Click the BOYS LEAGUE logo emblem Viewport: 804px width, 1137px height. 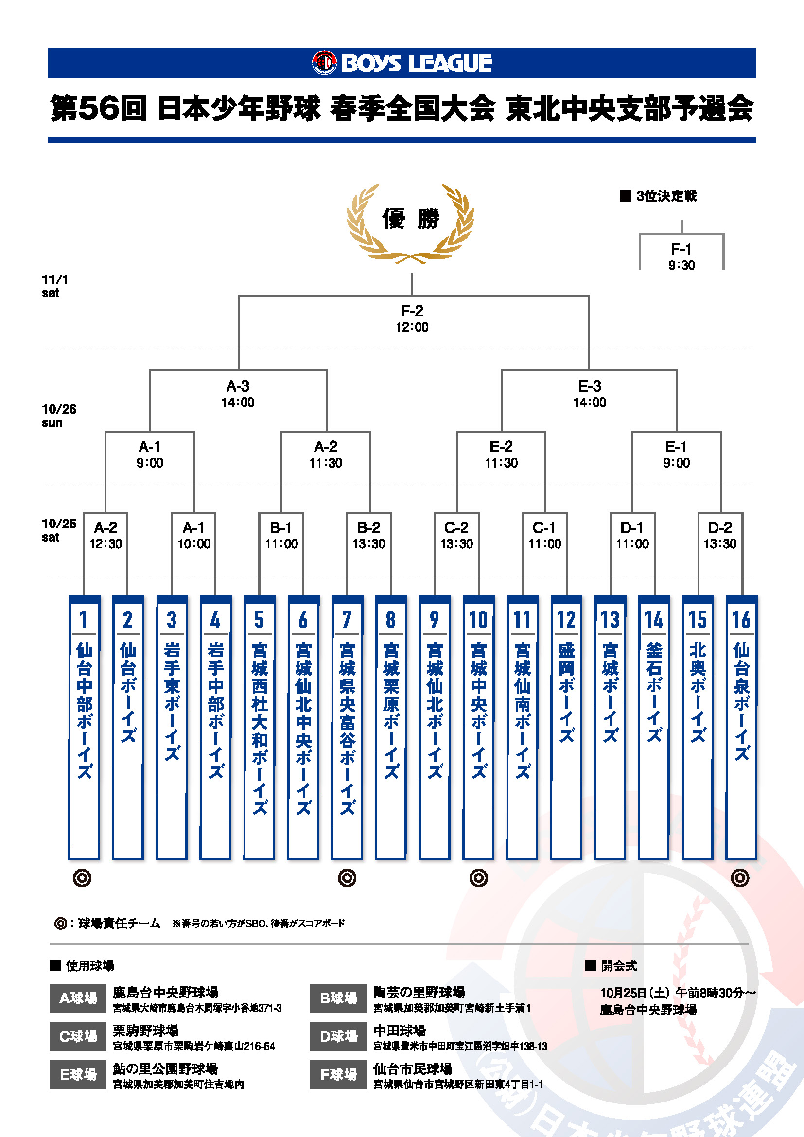tap(324, 63)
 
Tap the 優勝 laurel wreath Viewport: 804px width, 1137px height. tap(410, 223)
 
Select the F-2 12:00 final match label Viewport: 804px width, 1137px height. tap(412, 318)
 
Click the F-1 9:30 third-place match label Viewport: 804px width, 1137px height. tap(681, 257)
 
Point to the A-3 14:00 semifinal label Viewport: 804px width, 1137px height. tap(238, 394)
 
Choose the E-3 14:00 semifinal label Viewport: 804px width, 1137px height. tap(590, 394)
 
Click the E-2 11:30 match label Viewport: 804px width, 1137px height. tap(501, 455)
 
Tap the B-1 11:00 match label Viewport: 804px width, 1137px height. tap(281, 535)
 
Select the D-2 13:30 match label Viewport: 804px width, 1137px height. tap(720, 535)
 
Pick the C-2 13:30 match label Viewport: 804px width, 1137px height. tap(456, 535)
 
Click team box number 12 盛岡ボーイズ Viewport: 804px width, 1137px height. tap(566, 728)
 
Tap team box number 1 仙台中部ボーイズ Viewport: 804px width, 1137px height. tap(84, 728)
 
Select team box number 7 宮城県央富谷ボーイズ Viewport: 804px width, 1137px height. tap(347, 728)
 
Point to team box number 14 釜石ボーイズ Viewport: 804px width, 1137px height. tap(653, 728)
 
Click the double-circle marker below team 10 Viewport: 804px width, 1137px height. tap(478, 878)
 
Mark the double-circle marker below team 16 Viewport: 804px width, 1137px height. tap(740, 878)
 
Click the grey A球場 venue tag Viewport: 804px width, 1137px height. tap(78, 998)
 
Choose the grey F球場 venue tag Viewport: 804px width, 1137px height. tap(339, 1075)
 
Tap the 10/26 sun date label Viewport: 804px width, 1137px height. tap(58, 416)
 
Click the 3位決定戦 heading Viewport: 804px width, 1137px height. tap(659, 196)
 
